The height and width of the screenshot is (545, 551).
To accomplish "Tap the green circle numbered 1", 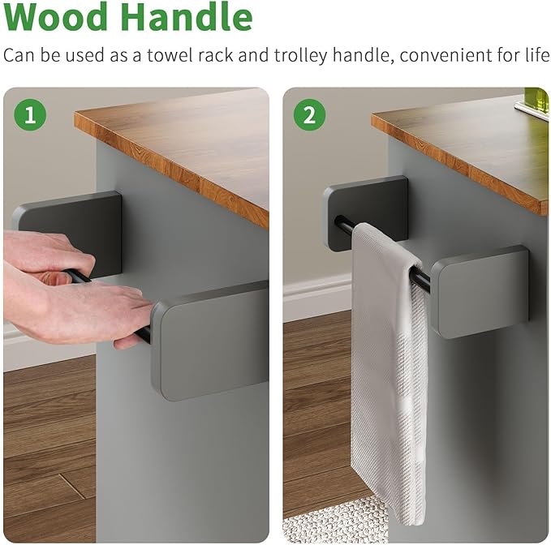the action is pos(30,115).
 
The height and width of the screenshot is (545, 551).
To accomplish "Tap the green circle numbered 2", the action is pos(310,115).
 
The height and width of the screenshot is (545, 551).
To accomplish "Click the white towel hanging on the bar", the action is pos(389,372).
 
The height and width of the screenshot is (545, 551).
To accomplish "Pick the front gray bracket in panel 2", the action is pos(480,291).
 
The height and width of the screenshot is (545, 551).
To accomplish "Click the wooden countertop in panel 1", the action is pos(172,152).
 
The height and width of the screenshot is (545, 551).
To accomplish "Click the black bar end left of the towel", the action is pos(345,224).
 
